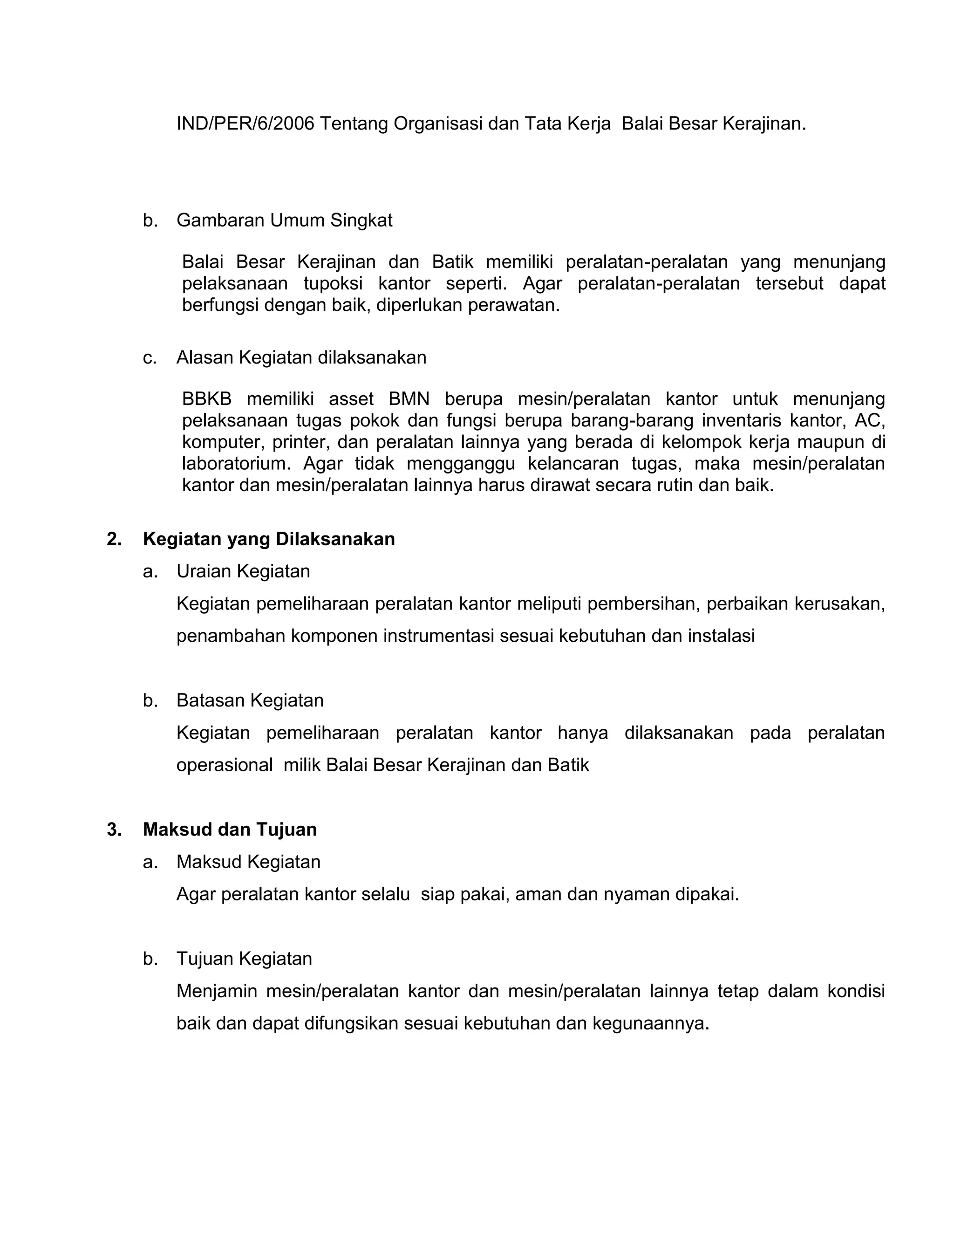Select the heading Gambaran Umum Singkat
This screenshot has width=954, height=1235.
tap(284, 220)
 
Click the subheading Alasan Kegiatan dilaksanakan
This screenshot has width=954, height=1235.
tap(301, 358)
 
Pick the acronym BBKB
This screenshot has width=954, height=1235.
tap(207, 399)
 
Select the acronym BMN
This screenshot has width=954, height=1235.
tap(409, 399)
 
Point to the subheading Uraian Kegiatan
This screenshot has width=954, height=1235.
tap(243, 572)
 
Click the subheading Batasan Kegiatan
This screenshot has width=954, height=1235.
tap(250, 700)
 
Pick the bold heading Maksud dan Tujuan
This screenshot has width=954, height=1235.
tap(230, 830)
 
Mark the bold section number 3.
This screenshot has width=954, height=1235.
tap(114, 830)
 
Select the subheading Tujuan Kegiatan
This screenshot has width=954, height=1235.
tap(244, 959)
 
